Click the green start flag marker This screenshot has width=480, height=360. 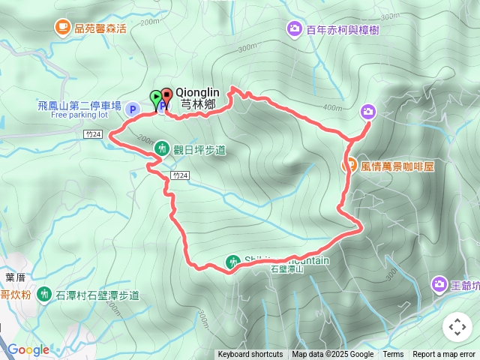pyautogui.click(x=155, y=97)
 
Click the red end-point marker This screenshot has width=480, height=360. pyautogui.click(x=166, y=96)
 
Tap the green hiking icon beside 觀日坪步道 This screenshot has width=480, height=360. pyautogui.click(x=160, y=149)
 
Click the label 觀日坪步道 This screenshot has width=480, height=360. pyautogui.click(x=199, y=150)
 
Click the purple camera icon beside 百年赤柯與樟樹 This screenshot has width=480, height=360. pyautogui.click(x=294, y=28)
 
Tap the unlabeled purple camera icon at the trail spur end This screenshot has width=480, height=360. pyautogui.click(x=368, y=112)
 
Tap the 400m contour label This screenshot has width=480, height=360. pyautogui.click(x=331, y=108)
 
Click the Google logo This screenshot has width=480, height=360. pyautogui.click(x=28, y=349)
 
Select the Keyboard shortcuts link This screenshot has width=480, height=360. pyautogui.click(x=250, y=355)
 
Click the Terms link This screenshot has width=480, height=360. pyautogui.click(x=393, y=355)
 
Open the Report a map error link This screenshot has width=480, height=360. pyautogui.click(x=444, y=355)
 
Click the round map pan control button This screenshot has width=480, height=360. pyautogui.click(x=457, y=327)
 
